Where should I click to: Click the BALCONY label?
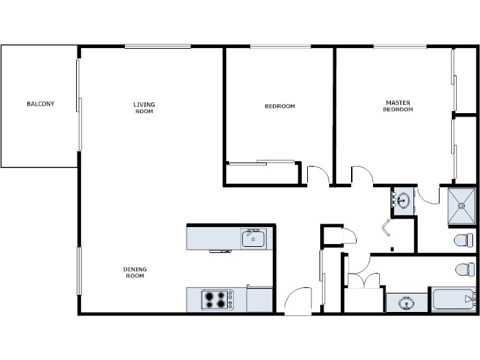(x=40, y=104)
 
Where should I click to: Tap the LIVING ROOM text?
(x=144, y=108)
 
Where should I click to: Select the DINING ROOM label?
(x=135, y=272)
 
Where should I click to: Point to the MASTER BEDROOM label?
(x=398, y=106)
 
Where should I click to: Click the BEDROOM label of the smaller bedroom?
(x=280, y=106)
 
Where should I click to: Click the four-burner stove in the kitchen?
(x=217, y=300)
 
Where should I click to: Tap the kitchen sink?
(x=253, y=239)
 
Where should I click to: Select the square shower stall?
(x=461, y=205)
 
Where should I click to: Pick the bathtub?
(x=452, y=299)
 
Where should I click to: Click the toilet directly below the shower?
(x=464, y=240)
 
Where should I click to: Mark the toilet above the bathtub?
(x=465, y=268)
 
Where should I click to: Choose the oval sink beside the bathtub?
(x=407, y=302)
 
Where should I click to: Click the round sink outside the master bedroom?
(x=403, y=201)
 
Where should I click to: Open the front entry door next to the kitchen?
(x=298, y=302)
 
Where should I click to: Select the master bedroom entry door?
(x=362, y=176)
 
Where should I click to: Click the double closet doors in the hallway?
(x=363, y=280)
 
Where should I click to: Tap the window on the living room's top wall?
(x=158, y=46)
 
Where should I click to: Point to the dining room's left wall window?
(x=79, y=271)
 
